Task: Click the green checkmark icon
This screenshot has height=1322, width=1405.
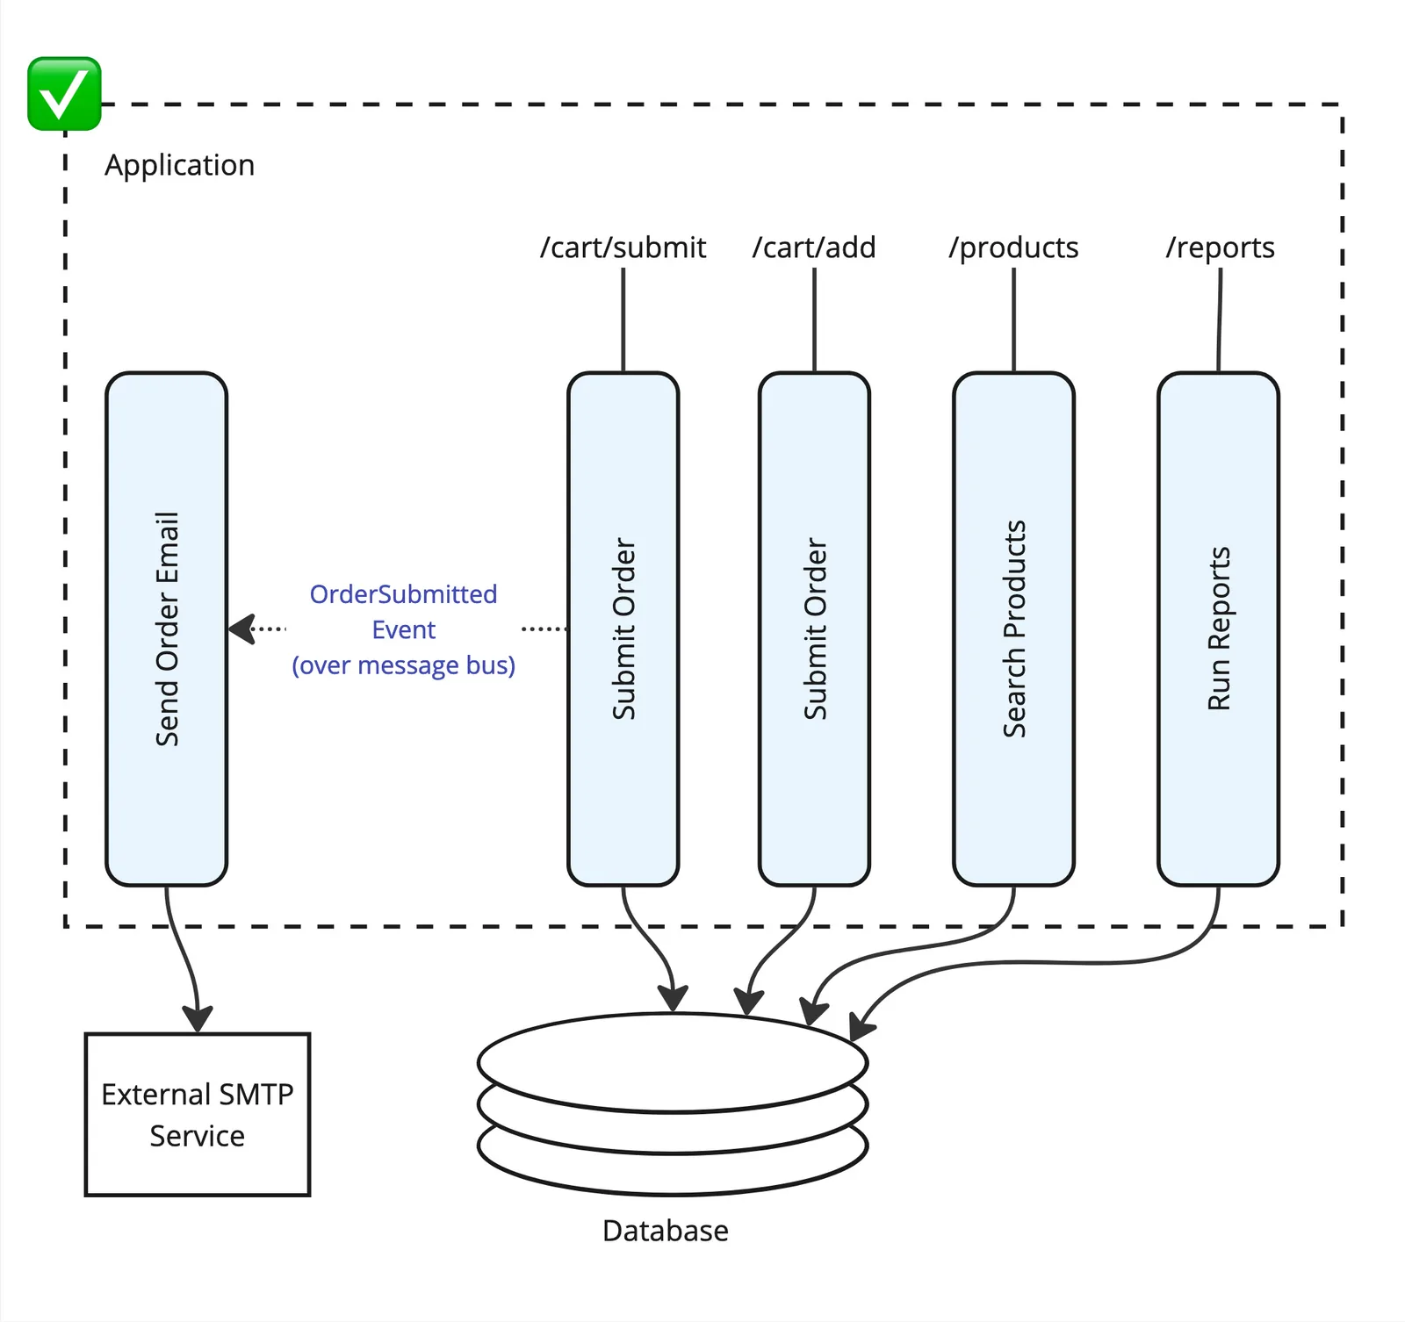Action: [x=64, y=94]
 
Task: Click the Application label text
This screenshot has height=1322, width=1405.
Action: [x=179, y=165]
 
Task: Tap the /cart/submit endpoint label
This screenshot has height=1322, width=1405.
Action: [x=623, y=248]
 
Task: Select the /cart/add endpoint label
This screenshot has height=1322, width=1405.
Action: [x=814, y=248]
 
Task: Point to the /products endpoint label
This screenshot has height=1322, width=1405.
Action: [x=1013, y=248]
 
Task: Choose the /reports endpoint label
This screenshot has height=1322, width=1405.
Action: [x=1220, y=248]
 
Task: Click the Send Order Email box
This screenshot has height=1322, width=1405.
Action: [x=166, y=629]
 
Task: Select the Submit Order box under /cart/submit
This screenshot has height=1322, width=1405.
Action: [x=623, y=629]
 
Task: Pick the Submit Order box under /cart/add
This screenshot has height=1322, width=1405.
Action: [x=814, y=629]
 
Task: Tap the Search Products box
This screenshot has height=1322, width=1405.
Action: [x=1013, y=629]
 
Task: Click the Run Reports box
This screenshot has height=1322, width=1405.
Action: [x=1218, y=629]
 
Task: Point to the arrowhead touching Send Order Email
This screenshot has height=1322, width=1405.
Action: [x=241, y=629]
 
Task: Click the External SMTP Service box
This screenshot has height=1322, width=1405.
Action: [x=198, y=1114]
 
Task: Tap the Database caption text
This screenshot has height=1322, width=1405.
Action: [x=665, y=1231]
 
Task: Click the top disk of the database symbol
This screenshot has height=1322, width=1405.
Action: [x=673, y=1060]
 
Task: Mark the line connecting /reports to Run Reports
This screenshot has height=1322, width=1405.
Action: [x=1220, y=320]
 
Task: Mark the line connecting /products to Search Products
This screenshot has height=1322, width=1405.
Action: [x=1013, y=320]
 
